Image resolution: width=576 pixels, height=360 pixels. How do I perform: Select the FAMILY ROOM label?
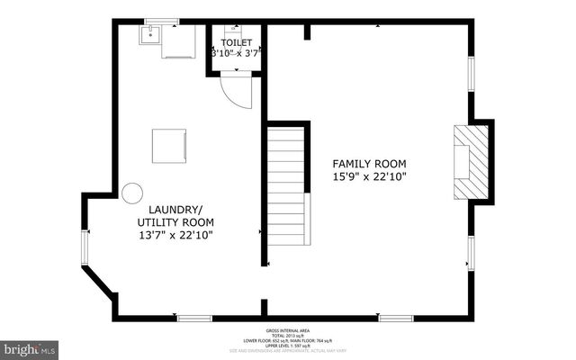coord(369,164)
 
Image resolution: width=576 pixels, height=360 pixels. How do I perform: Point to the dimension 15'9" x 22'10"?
coord(369,177)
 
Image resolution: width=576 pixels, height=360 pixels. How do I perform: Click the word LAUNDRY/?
coord(175,209)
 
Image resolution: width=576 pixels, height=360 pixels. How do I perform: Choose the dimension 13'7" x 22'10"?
coord(175,235)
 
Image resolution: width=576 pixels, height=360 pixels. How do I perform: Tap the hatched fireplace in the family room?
coord(471,161)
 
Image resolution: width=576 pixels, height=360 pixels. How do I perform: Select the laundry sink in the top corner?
coord(149,35)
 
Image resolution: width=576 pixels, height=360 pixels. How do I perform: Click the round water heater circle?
coord(133,193)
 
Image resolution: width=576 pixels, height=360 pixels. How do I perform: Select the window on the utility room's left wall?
coord(85,246)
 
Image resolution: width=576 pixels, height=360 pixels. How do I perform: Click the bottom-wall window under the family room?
coord(396,318)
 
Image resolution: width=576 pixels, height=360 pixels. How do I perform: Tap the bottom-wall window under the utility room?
coord(194,318)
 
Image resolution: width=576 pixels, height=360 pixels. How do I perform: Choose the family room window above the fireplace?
coord(470,74)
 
